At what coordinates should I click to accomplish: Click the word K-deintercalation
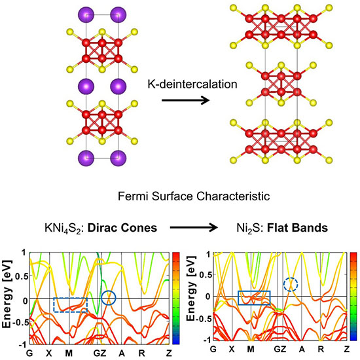click(x=192, y=84)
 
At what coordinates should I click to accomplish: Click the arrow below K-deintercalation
click(x=185, y=100)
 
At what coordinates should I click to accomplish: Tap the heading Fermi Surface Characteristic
click(x=194, y=196)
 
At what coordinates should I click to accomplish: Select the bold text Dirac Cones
click(x=122, y=228)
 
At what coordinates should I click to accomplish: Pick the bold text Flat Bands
click(x=298, y=228)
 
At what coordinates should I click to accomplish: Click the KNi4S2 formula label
click(x=63, y=228)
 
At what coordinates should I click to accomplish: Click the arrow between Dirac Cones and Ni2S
click(x=194, y=228)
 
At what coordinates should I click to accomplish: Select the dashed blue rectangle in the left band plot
click(x=70, y=298)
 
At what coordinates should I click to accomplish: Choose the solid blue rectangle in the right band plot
click(x=254, y=291)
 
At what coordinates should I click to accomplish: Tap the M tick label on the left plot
click(x=69, y=353)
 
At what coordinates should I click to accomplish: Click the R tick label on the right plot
click(x=321, y=350)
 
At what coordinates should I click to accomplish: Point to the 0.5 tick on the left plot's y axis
click(x=22, y=276)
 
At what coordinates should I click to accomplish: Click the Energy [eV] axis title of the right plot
click(x=191, y=289)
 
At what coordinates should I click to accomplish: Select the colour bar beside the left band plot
click(x=176, y=298)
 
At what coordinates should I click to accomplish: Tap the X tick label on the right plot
click(x=232, y=350)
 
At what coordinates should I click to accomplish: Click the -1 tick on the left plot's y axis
click(x=24, y=344)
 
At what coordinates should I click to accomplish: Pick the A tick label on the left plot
click(x=122, y=353)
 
